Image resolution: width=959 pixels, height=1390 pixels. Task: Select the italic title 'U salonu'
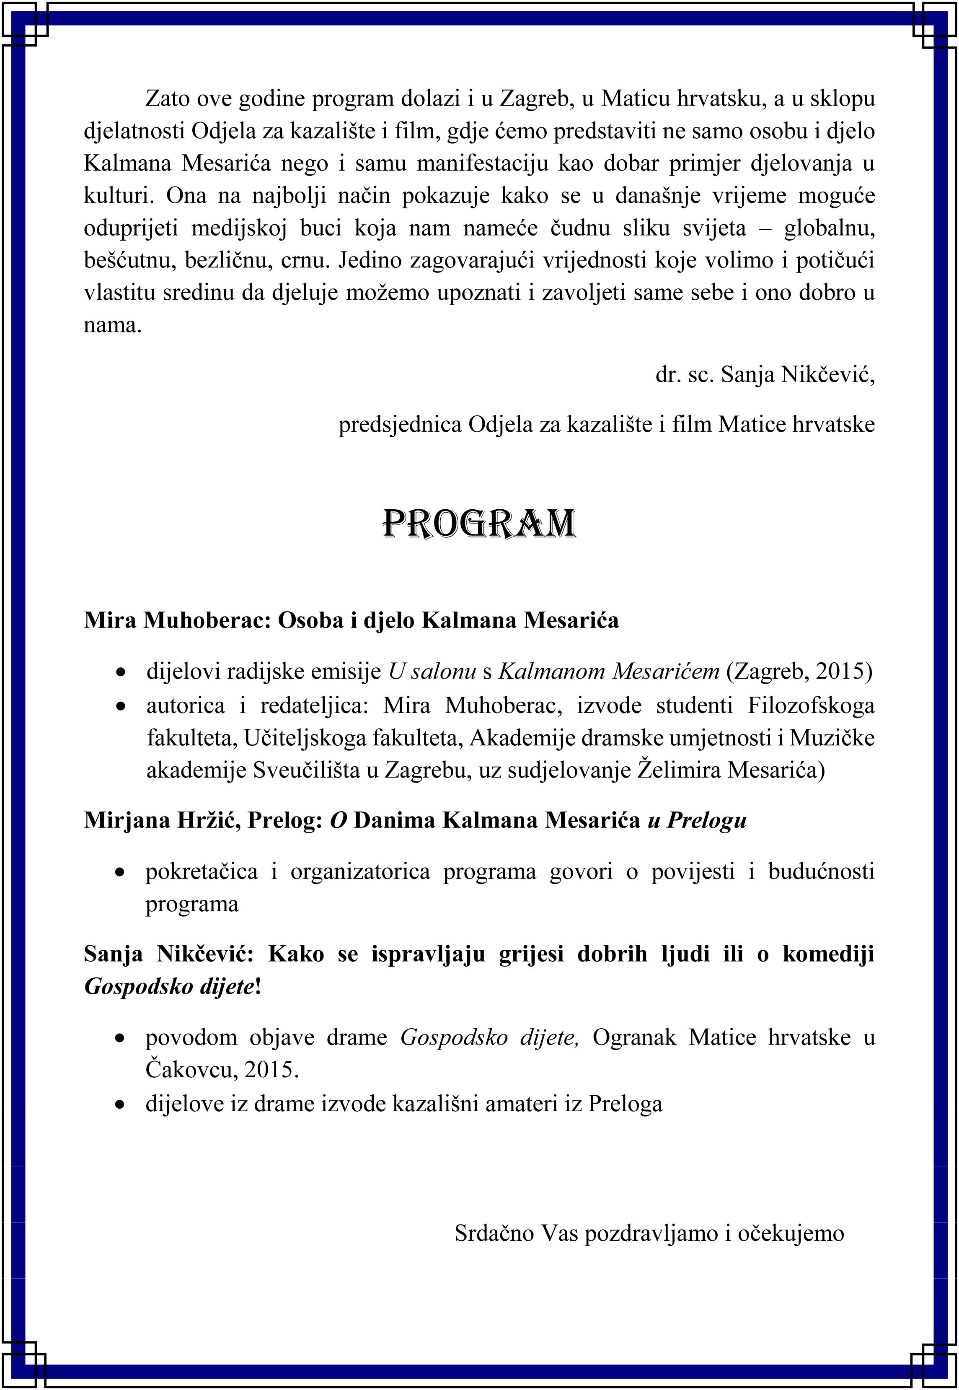point(432,671)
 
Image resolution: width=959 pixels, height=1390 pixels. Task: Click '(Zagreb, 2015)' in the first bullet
point(799,671)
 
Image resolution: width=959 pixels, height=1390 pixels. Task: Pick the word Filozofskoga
point(811,705)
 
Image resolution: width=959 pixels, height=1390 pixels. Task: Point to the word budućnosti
point(821,871)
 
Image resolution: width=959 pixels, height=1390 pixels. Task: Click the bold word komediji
point(828,954)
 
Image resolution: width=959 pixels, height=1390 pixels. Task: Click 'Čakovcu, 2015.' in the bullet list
point(222,1070)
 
